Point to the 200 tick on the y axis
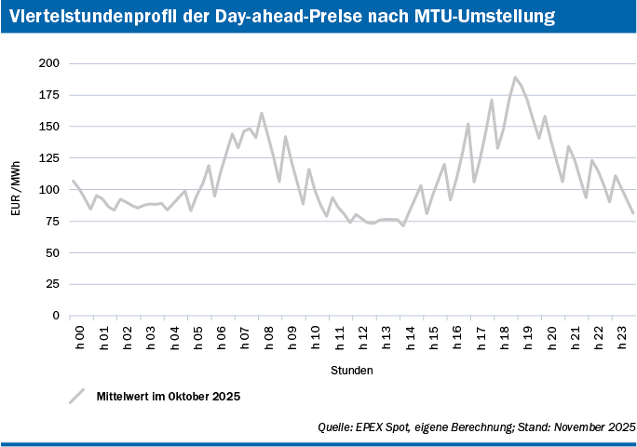(x=49, y=63)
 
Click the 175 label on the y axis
(x=49, y=95)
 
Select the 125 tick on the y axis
(x=49, y=158)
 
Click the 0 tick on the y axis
(x=56, y=316)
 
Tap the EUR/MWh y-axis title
(x=16, y=190)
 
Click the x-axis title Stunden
(x=352, y=370)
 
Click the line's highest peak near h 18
(x=515, y=77)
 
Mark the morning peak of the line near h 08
(x=262, y=114)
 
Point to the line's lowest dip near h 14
(x=403, y=225)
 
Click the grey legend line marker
(x=76, y=396)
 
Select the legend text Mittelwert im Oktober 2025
(x=169, y=396)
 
